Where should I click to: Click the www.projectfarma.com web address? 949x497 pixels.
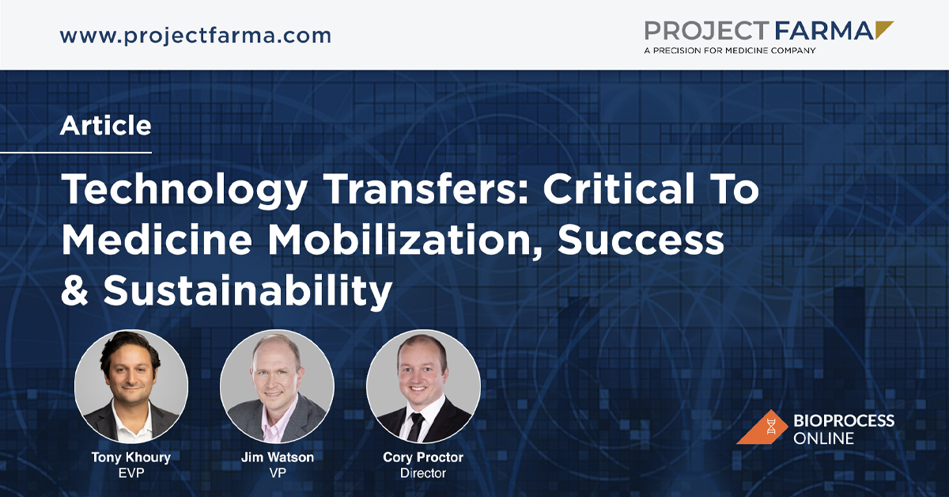pyautogui.click(x=195, y=36)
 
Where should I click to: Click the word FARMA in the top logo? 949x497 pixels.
pyautogui.click(x=824, y=31)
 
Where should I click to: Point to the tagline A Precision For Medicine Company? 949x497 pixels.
pyautogui.click(x=729, y=51)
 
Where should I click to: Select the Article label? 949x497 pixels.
pyautogui.click(x=105, y=126)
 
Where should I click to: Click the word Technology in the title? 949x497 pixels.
pyautogui.click(x=184, y=190)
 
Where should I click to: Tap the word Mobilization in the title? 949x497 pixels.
pyautogui.click(x=405, y=240)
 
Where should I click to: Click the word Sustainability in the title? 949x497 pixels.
pyautogui.click(x=248, y=291)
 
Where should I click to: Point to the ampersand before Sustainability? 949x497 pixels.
pyautogui.click(x=74, y=290)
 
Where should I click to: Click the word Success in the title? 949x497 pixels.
pyautogui.click(x=641, y=240)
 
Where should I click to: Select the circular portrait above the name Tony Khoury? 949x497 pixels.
pyautogui.click(x=131, y=387)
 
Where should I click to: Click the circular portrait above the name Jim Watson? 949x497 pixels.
pyautogui.click(x=277, y=387)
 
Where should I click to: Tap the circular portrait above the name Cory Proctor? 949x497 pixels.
pyautogui.click(x=423, y=387)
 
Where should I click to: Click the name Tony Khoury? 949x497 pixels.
pyautogui.click(x=131, y=457)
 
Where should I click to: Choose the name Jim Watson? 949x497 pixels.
pyautogui.click(x=278, y=457)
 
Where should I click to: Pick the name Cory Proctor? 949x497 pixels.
pyautogui.click(x=423, y=457)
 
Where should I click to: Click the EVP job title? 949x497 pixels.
pyautogui.click(x=131, y=473)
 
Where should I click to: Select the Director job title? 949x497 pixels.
pyautogui.click(x=423, y=473)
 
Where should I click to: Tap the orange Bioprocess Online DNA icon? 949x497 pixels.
pyautogui.click(x=762, y=427)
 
